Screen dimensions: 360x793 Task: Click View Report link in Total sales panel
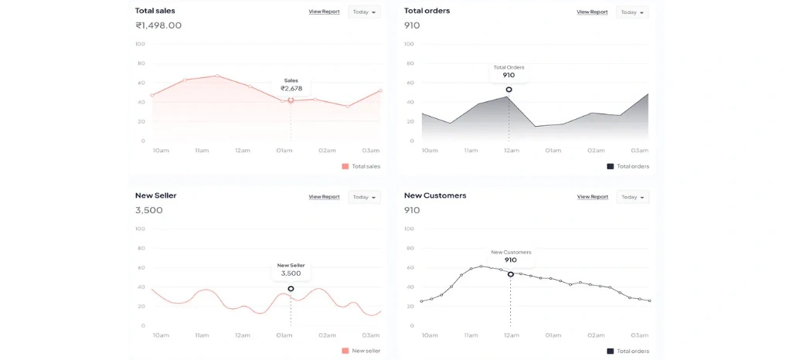(x=324, y=12)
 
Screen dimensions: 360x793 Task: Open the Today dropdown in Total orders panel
(x=631, y=12)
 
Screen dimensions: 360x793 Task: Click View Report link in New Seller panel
(x=324, y=197)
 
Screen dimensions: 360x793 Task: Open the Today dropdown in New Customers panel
(x=631, y=197)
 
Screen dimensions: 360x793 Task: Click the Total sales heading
(x=155, y=11)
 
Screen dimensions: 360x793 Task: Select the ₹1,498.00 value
(x=158, y=25)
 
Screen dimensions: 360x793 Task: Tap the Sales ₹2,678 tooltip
(x=291, y=85)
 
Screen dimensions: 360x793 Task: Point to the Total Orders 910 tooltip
(x=509, y=72)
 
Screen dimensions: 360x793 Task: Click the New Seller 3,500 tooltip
(x=291, y=270)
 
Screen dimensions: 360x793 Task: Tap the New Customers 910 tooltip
(x=511, y=256)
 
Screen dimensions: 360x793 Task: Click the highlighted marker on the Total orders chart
(x=509, y=90)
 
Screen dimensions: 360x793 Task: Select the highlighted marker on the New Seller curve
(x=291, y=289)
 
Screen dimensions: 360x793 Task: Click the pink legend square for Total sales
(x=345, y=166)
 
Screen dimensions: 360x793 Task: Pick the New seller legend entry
(x=361, y=351)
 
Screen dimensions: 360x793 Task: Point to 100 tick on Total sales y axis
(x=140, y=43)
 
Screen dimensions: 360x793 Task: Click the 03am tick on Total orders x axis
(x=639, y=151)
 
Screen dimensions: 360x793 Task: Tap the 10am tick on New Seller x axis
(x=161, y=335)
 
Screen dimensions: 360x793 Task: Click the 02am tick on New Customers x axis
(x=596, y=335)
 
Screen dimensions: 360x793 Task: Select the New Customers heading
(x=435, y=195)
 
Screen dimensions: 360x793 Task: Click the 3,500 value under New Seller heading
(x=148, y=210)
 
